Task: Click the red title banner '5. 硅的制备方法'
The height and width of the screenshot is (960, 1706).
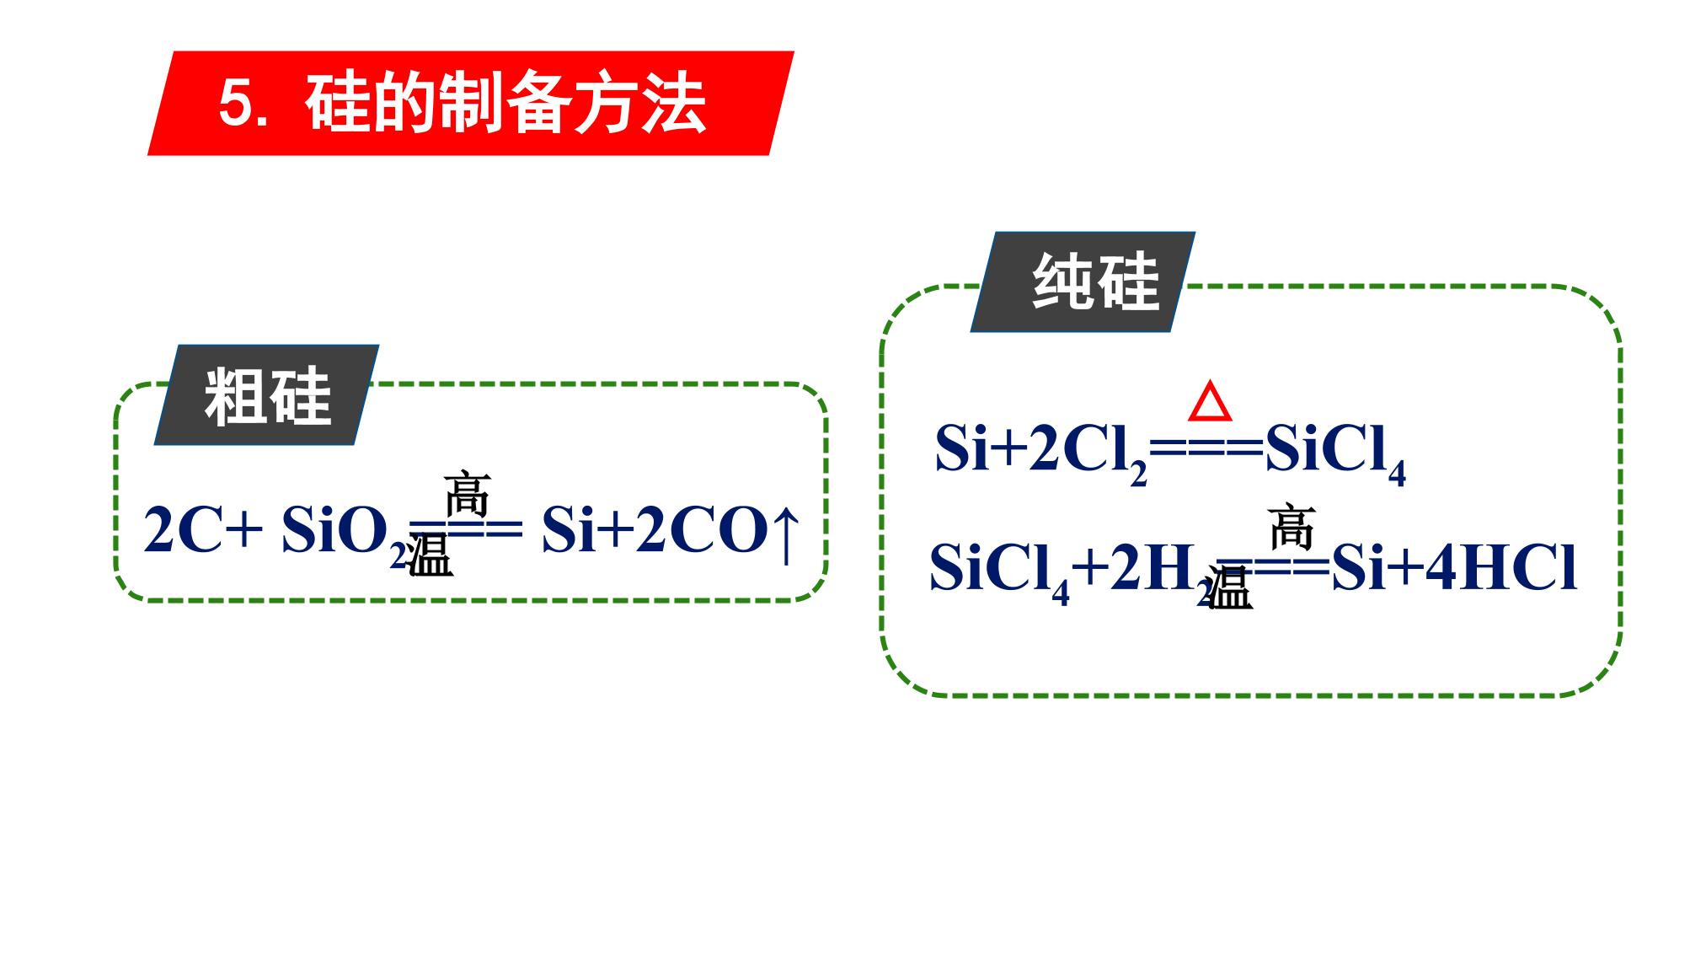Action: coord(471,104)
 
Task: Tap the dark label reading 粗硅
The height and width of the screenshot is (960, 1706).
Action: coord(266,394)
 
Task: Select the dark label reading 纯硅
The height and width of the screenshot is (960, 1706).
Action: coord(1083,282)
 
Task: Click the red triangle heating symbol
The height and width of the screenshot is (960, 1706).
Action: coord(1210,401)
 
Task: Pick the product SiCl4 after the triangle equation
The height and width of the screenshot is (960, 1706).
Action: coord(1335,454)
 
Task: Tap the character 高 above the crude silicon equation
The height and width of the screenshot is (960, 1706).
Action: coord(467,494)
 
